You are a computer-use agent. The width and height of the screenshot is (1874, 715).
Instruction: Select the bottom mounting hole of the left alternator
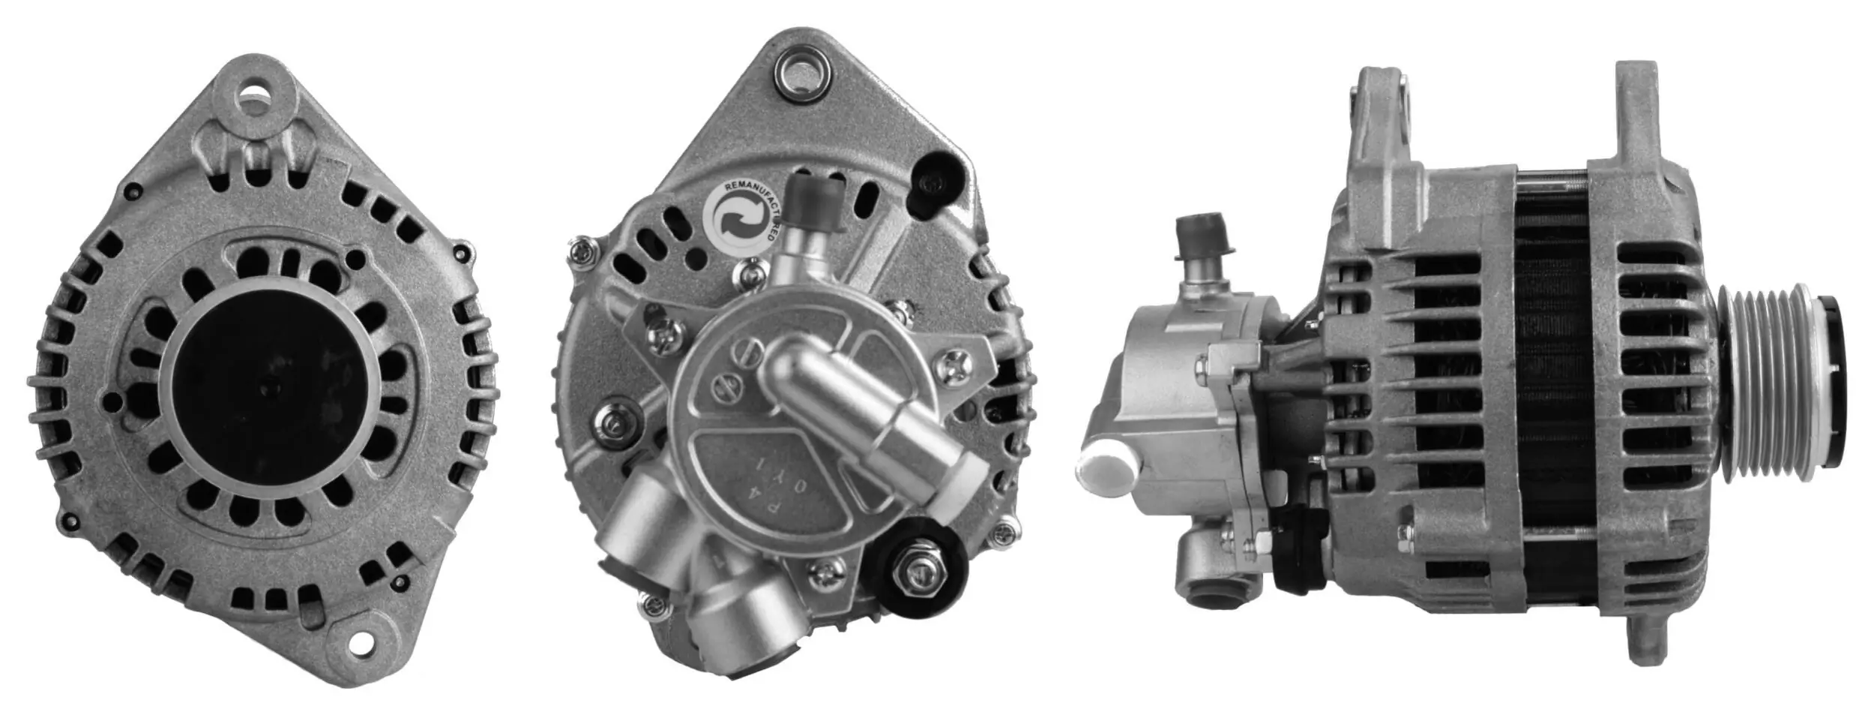click(x=363, y=642)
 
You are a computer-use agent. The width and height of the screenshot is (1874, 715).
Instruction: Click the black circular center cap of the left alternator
click(x=271, y=386)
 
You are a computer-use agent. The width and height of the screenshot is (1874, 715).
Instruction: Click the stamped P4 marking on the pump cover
click(x=789, y=492)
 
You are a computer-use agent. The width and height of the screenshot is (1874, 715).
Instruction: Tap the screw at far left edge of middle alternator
click(x=580, y=251)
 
